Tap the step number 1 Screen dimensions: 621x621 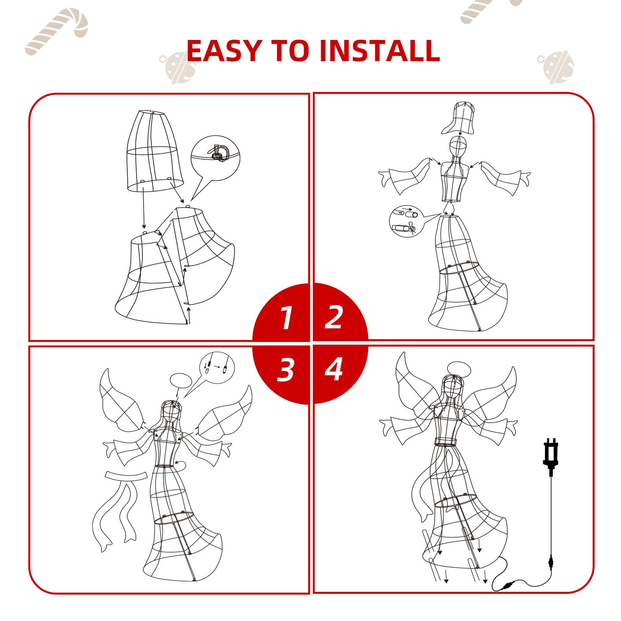click(x=286, y=318)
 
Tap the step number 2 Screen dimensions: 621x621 click(x=333, y=317)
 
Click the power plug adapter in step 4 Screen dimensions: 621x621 click(x=551, y=456)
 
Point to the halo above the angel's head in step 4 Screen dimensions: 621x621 click(x=455, y=367)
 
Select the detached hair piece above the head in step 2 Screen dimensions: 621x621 click(x=458, y=118)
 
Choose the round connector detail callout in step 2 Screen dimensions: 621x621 click(x=405, y=222)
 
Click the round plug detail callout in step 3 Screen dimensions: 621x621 click(x=217, y=368)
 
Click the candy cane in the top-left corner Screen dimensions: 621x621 click(x=56, y=31)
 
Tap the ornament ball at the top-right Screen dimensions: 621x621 click(x=555, y=67)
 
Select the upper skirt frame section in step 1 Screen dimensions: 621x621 click(x=155, y=151)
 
